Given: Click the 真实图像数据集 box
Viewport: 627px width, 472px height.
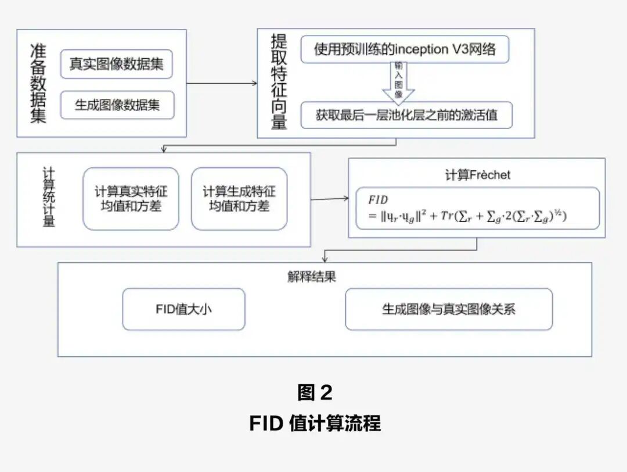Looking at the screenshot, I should pos(117,64).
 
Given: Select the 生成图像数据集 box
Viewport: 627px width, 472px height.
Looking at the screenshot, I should pos(117,105).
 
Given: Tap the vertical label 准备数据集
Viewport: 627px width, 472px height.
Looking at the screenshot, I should pos(38,83).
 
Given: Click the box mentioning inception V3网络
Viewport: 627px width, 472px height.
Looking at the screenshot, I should pos(405,49).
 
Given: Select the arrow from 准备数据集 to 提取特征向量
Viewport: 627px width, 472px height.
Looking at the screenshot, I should pos(222,83).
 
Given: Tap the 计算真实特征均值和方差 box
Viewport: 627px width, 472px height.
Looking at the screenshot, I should pos(131,199).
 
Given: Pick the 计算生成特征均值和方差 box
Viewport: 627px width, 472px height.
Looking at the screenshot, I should pos(239,199).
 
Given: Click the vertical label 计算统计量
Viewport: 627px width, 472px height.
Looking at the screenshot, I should pos(49,198).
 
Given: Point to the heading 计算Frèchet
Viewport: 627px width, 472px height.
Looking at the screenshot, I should pos(477,175).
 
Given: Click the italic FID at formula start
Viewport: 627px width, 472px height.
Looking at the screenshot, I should pos(378,200).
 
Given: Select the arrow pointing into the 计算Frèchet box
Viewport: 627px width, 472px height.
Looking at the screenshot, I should pos(329,199).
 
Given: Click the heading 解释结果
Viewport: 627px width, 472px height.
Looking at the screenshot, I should pos(312,277).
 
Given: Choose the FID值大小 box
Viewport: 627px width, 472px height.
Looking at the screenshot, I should pos(183,309).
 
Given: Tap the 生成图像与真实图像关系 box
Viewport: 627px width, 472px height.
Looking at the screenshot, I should pos(448,309).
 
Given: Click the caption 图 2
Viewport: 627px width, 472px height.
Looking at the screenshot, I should pos(314,392).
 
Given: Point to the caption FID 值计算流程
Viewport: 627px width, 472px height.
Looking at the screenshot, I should pos(315,423).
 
